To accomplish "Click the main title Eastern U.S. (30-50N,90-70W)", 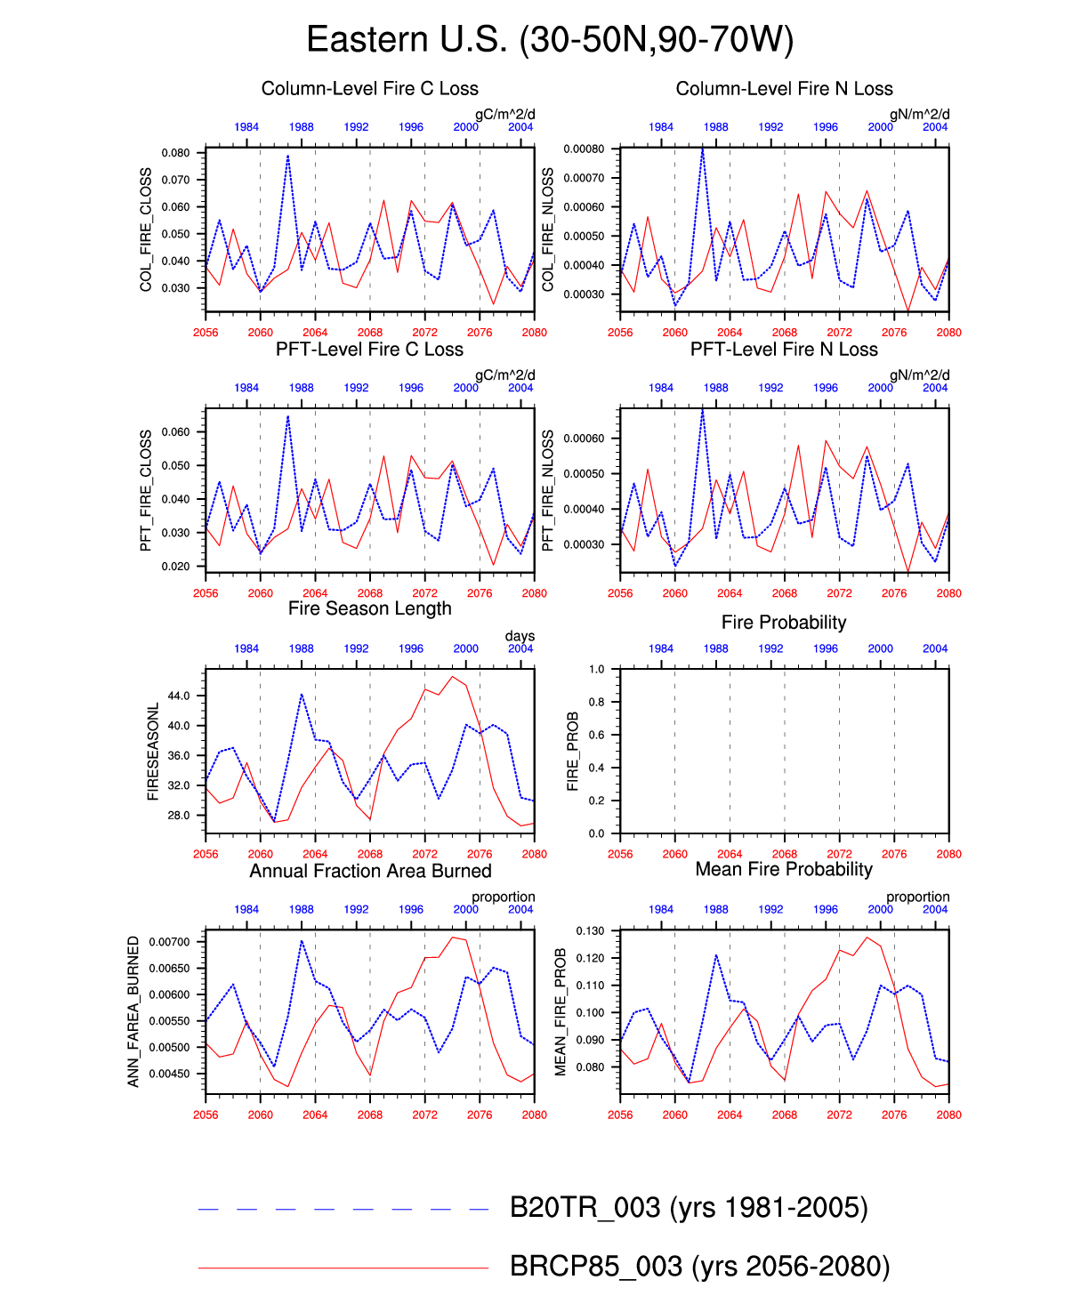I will (549, 40).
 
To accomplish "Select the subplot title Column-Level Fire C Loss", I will (369, 89).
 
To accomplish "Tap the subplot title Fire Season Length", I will (369, 609).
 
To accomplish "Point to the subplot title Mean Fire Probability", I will (784, 870).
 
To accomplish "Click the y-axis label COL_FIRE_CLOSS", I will (146, 229).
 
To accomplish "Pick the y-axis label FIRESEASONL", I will (153, 752).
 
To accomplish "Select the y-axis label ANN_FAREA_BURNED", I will (134, 1011).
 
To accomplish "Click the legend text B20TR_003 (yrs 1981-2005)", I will (689, 1208).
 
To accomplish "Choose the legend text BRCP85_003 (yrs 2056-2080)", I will (699, 1267).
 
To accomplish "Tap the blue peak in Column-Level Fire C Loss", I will (287, 156).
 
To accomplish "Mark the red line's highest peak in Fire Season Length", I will (452, 677).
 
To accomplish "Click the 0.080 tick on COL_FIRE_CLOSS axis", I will (175, 153).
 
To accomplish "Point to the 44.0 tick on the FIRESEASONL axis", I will (179, 696).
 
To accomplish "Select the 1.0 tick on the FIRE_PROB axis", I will (596, 670).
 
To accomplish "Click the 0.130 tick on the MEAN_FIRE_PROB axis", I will (591, 931).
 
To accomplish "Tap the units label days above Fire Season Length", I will (520, 636).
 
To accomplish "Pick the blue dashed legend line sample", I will (343, 1209).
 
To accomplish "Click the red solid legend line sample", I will (343, 1268).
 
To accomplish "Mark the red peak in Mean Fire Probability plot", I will (867, 937).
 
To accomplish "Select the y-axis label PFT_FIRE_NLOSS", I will (548, 490).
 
